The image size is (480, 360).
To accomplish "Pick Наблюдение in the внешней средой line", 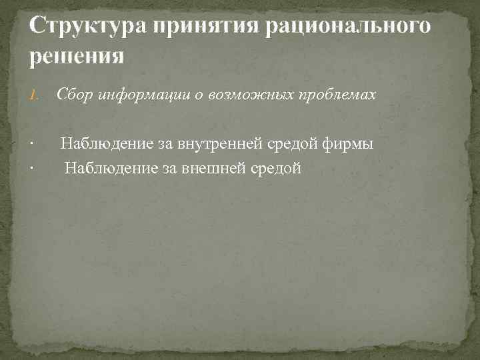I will coord(110,169).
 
